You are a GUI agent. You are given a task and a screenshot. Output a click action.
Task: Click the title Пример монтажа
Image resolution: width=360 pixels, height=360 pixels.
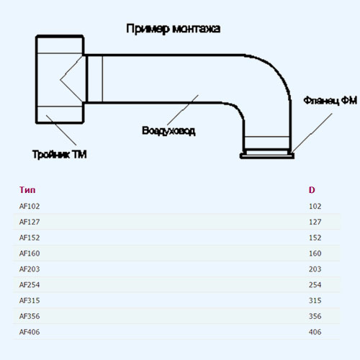coord(173,29)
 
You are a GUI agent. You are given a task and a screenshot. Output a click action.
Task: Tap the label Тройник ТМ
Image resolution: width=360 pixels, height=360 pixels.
coord(59,154)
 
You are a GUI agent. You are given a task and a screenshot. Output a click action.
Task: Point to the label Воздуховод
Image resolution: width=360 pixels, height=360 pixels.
coord(168,131)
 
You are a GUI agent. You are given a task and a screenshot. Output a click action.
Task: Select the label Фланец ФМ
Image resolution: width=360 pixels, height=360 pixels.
coord(330,100)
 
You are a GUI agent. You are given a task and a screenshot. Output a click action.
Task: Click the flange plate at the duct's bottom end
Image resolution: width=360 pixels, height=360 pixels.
coord(267,156)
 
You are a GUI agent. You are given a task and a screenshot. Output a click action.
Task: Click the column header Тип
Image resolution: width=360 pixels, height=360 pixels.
coord(27,190)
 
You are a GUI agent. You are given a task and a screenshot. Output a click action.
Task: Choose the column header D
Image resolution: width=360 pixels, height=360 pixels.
coord(312,190)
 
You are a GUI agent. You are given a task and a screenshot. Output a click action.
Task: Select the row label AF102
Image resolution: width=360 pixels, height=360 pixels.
coord(30,206)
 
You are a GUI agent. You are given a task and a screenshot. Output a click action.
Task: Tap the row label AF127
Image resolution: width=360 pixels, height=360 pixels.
coord(30,222)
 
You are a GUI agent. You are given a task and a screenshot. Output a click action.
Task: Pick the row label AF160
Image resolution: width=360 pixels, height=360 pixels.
coord(30,253)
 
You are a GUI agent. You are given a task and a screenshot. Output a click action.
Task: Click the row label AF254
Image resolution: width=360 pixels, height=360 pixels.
coord(30,285)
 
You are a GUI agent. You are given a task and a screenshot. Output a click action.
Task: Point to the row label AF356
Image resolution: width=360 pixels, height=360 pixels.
coord(30,316)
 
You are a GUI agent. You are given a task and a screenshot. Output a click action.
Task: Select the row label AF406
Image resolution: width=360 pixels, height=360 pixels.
coord(30,332)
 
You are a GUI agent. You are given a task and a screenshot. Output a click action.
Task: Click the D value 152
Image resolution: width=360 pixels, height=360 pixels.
coord(315,238)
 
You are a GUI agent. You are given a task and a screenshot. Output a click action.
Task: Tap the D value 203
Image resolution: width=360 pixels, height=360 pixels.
coord(315,269)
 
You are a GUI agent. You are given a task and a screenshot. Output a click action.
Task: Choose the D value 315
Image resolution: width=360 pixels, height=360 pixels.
coord(315,301)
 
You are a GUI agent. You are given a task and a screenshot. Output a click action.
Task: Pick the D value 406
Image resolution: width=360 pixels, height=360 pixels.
coord(315,332)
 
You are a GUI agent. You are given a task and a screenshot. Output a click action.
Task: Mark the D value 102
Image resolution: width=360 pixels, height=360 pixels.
coord(315,207)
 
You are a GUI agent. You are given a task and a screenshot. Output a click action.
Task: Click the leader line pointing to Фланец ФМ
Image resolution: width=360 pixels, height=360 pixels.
coord(312,132)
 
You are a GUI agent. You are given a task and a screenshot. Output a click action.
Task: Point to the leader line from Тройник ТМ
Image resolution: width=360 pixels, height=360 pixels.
coord(61,130)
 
